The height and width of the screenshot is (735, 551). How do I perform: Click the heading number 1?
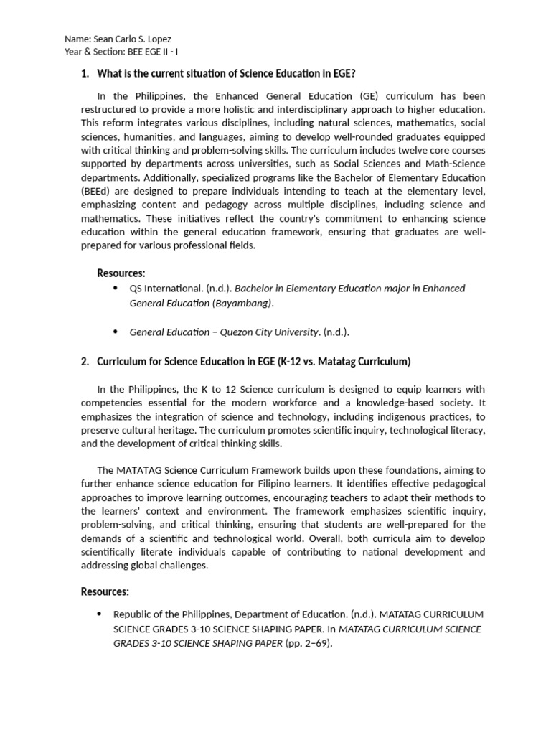pyautogui.click(x=85, y=72)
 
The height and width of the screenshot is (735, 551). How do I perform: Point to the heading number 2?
pyautogui.click(x=85, y=361)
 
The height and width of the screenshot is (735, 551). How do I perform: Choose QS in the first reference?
pyautogui.click(x=136, y=289)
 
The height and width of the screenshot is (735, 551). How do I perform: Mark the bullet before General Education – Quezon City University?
pyautogui.click(x=116, y=331)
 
